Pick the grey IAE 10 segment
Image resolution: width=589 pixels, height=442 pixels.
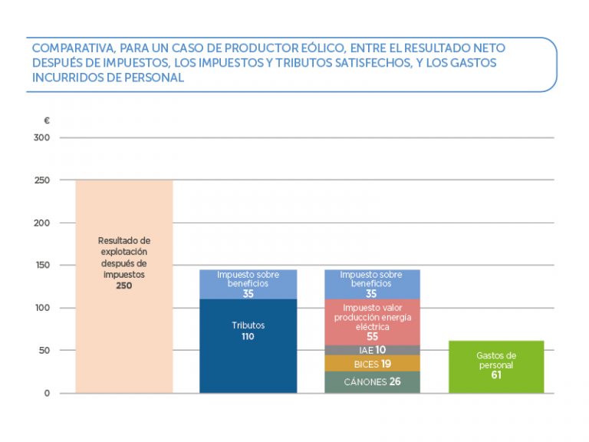pyautogui.click(x=372, y=350)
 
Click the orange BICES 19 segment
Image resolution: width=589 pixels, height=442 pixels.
pyautogui.click(x=372, y=364)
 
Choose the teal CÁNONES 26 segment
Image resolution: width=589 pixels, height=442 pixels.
pyautogui.click(x=372, y=381)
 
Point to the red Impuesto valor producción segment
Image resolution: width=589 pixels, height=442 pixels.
pyautogui.click(x=372, y=322)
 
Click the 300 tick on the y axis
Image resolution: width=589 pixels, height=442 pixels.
pyautogui.click(x=41, y=138)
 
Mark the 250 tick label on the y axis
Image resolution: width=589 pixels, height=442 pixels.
pyautogui.click(x=41, y=180)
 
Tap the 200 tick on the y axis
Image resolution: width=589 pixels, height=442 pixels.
pyautogui.click(x=41, y=223)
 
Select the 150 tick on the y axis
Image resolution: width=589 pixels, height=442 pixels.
pyautogui.click(x=41, y=266)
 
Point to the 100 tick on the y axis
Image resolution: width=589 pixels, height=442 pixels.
pyautogui.click(x=41, y=308)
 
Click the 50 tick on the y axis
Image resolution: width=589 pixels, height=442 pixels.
pyautogui.click(x=44, y=351)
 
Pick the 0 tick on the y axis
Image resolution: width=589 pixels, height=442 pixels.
pyautogui.click(x=47, y=393)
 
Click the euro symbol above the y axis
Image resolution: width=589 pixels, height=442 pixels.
pyautogui.click(x=47, y=120)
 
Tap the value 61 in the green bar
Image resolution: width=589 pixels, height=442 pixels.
pyautogui.click(x=496, y=375)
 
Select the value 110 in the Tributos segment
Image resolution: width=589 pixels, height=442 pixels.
pyautogui.click(x=248, y=336)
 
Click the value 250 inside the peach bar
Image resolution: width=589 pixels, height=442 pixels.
pyautogui.click(x=124, y=285)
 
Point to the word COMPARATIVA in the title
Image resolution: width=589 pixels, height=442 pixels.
pyautogui.click(x=70, y=48)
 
